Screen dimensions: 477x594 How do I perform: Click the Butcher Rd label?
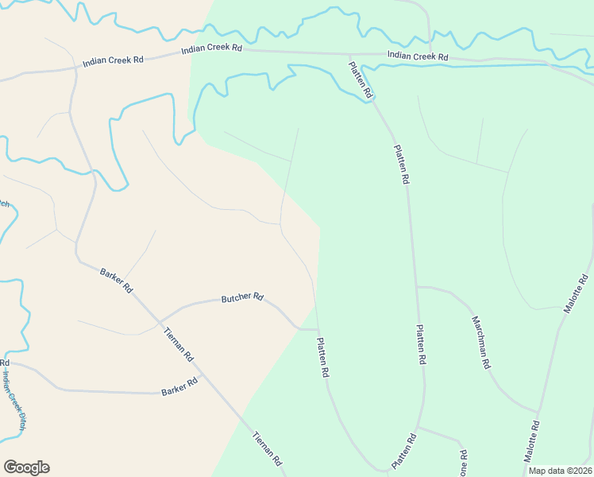click(x=242, y=297)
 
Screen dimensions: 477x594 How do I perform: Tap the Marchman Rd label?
click(x=481, y=343)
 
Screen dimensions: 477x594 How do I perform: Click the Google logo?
click(x=26, y=467)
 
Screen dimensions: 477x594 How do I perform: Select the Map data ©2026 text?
click(x=560, y=471)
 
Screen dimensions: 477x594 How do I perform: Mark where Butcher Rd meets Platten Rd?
click(x=318, y=328)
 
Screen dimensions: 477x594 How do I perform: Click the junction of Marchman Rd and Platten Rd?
click(x=417, y=287)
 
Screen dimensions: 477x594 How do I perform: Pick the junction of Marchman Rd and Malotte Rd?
click(x=538, y=413)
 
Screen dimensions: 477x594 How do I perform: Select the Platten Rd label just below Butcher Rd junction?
click(x=323, y=357)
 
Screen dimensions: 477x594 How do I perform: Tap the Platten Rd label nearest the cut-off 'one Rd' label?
click(x=403, y=451)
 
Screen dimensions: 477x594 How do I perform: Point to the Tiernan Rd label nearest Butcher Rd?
click(x=178, y=346)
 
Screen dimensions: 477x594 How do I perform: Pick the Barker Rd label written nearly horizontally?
click(x=179, y=387)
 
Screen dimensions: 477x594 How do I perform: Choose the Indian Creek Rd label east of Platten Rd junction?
click(x=418, y=56)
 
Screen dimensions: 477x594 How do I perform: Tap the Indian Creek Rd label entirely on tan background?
click(x=112, y=61)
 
